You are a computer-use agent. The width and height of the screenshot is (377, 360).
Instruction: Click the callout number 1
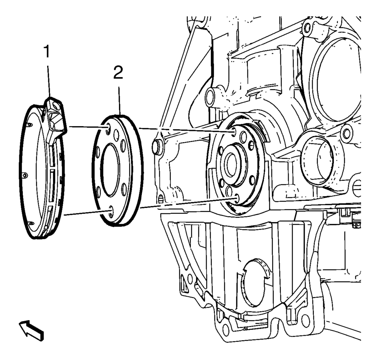coord(47,52)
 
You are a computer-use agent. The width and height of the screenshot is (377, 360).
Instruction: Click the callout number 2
coord(118,73)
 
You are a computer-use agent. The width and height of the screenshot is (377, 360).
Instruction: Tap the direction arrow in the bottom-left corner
coord(31,330)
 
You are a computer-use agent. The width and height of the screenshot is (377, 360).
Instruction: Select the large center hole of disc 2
coord(110,169)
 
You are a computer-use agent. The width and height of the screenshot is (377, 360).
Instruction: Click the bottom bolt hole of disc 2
coord(110,210)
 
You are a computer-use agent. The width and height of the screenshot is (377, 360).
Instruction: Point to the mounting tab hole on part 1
coord(56,106)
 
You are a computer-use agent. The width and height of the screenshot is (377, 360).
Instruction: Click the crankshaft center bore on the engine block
coord(231,165)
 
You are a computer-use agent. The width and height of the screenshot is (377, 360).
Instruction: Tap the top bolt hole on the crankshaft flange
coord(233,132)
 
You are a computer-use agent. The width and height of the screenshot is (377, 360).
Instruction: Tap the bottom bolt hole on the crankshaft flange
coord(236,198)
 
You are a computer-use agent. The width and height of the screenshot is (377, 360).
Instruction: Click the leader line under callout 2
coord(119,101)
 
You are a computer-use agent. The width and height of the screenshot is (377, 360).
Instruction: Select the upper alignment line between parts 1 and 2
coord(88,127)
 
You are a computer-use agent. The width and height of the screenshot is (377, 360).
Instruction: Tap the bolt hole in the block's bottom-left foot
coord(225,330)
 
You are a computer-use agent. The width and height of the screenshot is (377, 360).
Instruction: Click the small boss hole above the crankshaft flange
coord(210,97)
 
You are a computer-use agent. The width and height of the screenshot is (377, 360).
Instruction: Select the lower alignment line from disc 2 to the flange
coord(188,203)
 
